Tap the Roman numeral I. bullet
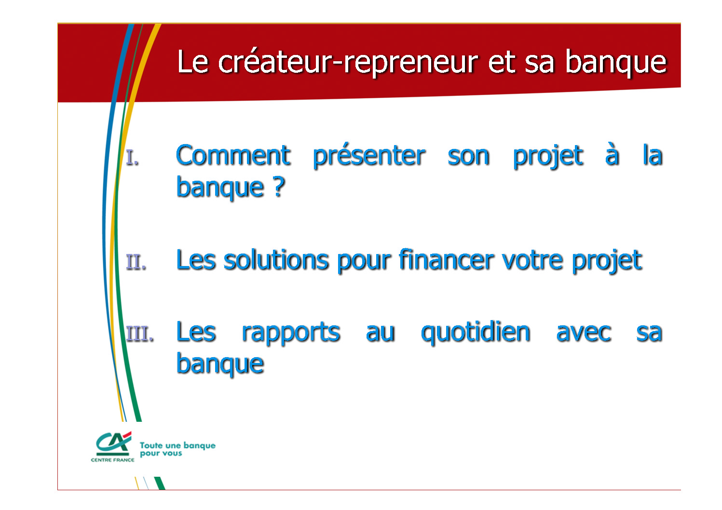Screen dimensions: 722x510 tap(133, 158)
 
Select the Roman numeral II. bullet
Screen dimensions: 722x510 tap(136, 262)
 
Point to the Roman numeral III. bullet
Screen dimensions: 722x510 tap(140, 334)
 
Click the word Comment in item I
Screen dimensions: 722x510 tap(233, 155)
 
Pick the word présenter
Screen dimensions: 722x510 tap(369, 156)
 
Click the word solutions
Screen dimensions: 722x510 tap(275, 260)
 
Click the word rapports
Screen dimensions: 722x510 tap(291, 333)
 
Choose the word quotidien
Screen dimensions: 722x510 tap(476, 332)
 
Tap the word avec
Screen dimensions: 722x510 tap(584, 333)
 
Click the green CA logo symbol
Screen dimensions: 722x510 tap(114, 443)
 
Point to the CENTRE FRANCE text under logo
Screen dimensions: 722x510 tap(112, 460)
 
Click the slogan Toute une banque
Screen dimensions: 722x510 tap(177, 445)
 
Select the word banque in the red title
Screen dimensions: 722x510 tap(616, 63)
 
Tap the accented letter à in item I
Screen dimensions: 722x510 tap(612, 154)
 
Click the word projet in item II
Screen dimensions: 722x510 tap(607, 261)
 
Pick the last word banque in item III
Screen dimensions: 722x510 tap(220, 364)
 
